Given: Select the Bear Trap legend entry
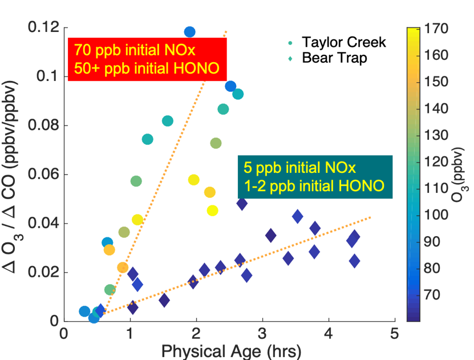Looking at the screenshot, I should point(334,58).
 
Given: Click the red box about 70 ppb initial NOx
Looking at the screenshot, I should point(147,59).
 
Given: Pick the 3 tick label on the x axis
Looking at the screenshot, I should point(261,333).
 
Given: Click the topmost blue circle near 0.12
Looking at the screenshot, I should point(190,31).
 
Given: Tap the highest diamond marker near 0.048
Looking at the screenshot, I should point(242,203).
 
